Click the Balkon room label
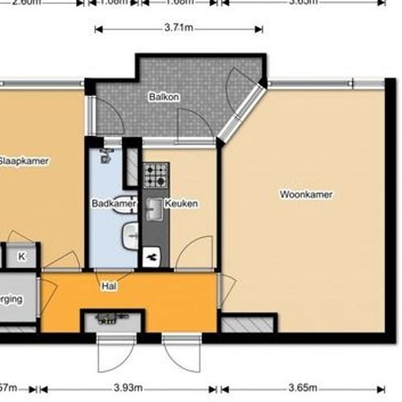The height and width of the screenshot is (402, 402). [x=164, y=96]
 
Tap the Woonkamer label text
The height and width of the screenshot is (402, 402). [x=306, y=194]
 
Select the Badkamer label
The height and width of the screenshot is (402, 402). [x=108, y=203]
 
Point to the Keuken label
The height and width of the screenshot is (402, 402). [x=182, y=203]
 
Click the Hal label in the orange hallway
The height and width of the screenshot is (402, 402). [x=108, y=287]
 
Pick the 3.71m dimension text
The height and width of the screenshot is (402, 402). [x=178, y=29]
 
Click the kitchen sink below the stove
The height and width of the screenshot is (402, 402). [x=154, y=210]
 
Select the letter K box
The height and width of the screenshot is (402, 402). [x=22, y=256]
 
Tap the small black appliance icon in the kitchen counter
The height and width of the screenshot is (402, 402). [x=153, y=257]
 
